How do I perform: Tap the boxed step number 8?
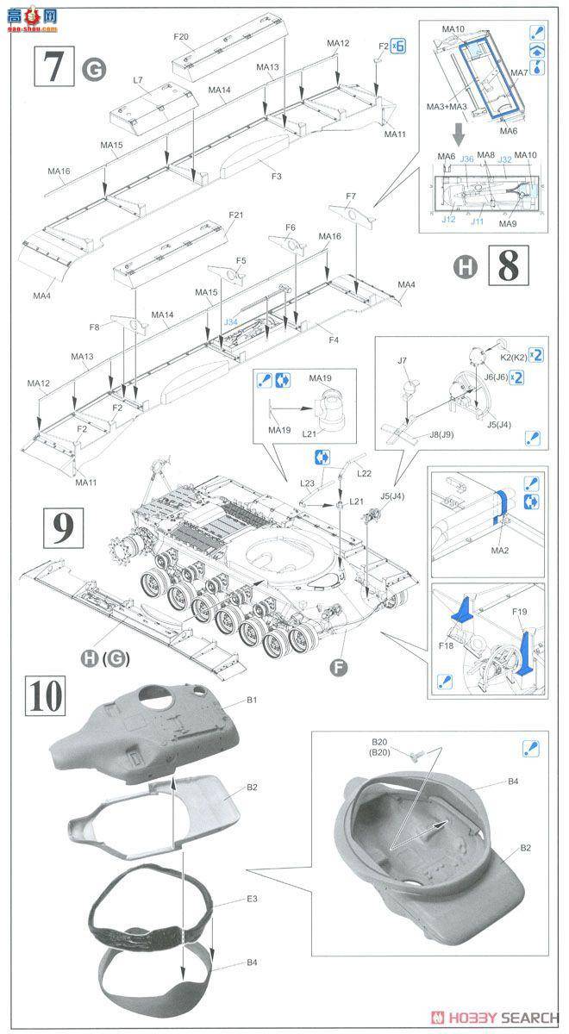coord(508,266)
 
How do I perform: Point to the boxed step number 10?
coord(47,695)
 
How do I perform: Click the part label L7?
coord(138,80)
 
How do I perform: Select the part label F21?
coord(236,215)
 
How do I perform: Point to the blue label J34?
coord(230,322)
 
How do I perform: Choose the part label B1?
coord(252,701)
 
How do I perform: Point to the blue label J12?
coord(448,219)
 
